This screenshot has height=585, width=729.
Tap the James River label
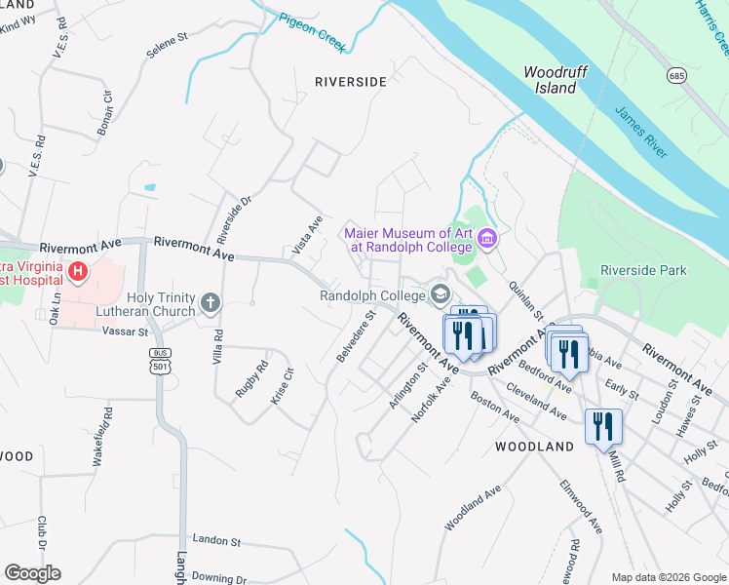[640, 134]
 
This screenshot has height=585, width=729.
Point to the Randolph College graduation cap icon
[441, 294]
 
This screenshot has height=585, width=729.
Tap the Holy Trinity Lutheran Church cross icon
[210, 304]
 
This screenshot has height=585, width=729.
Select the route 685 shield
[675, 75]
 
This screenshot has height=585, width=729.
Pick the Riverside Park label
[643, 270]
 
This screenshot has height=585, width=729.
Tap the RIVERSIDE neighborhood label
[351, 82]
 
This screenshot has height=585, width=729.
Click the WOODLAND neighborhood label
[534, 447]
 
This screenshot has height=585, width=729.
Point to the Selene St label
[168, 40]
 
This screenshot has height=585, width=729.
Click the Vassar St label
[124, 331]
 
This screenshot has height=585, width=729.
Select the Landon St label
[215, 539]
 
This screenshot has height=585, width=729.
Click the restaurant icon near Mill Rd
[603, 426]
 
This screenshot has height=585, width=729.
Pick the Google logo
[32, 573]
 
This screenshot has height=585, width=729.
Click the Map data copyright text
[669, 577]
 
